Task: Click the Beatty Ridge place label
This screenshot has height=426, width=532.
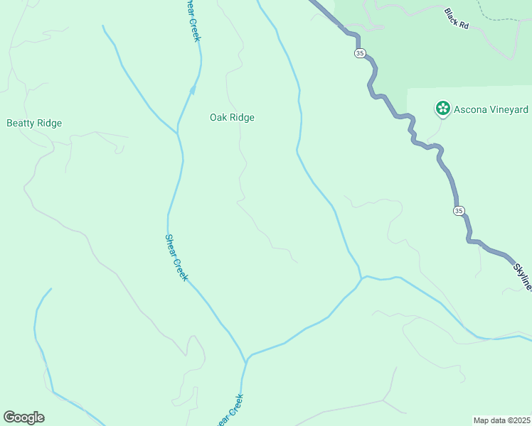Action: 34,123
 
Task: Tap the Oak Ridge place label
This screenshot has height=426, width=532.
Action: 232,118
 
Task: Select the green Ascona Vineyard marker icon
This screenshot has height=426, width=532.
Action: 443,109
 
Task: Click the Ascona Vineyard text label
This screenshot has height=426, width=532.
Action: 491,109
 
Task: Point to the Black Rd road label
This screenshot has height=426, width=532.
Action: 457,19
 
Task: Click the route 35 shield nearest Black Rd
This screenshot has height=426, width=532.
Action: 359,53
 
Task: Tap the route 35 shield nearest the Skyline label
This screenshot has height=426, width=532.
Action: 459,211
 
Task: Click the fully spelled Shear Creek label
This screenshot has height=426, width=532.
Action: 176,258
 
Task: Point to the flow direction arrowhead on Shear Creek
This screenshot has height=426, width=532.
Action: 192,89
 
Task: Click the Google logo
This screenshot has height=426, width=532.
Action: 23,417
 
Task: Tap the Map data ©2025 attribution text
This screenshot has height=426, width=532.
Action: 501,420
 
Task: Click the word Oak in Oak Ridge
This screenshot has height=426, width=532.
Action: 218,118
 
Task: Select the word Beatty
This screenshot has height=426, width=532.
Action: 20,123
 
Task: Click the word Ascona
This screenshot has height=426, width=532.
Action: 469,109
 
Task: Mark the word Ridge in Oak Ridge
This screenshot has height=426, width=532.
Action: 242,118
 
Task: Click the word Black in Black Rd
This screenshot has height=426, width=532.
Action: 452,15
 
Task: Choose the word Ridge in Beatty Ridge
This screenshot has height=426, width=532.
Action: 49,123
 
